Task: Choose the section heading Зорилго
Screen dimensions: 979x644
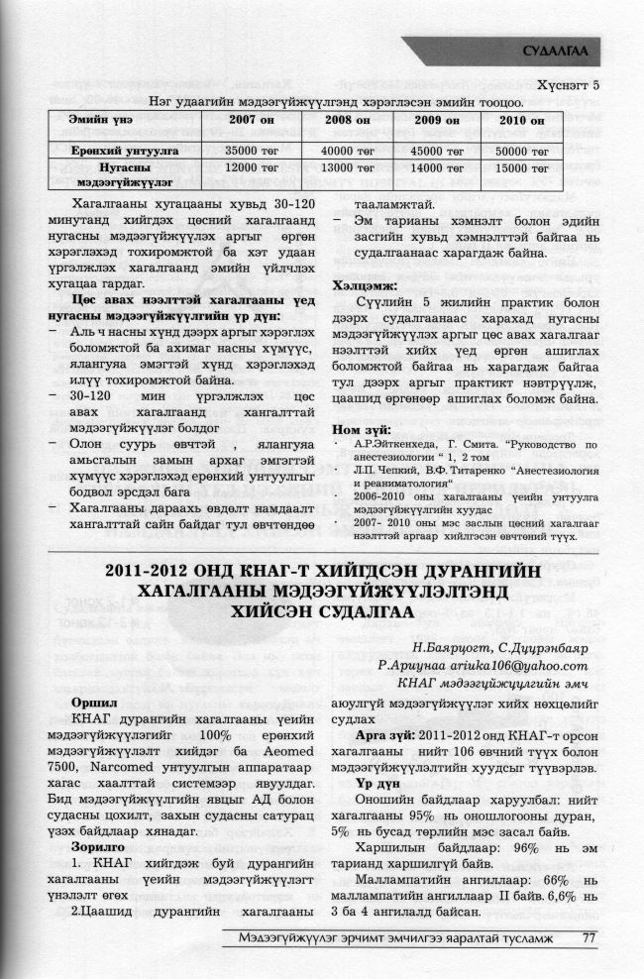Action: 101,847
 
